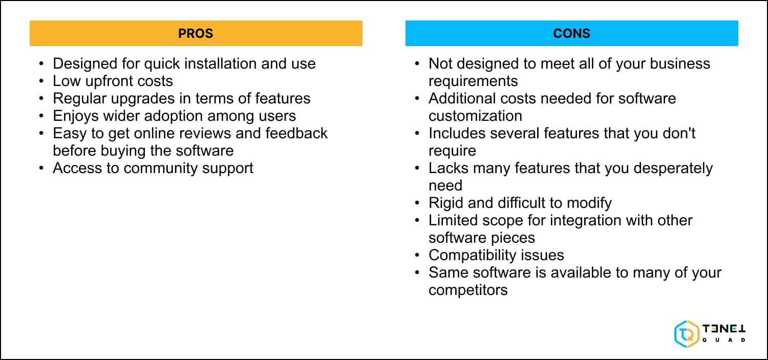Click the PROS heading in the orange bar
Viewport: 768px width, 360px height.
196,34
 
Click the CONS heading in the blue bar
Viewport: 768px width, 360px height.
571,34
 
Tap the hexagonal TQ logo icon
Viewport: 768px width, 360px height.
687,333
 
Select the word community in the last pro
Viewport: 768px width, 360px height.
161,168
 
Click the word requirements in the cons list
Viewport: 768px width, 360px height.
473,81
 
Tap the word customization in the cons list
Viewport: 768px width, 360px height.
475,116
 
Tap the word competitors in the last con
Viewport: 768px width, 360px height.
468,290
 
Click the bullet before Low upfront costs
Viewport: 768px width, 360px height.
41,81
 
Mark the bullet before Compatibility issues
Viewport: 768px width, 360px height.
417,255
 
